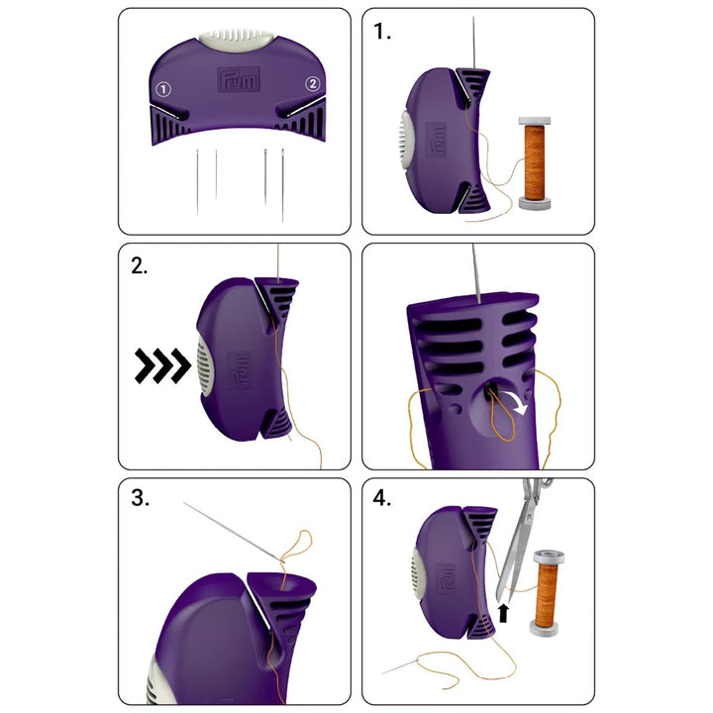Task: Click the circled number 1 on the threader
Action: coord(164,89)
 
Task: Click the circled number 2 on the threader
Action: coord(312,85)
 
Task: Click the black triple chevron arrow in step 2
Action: coord(162,366)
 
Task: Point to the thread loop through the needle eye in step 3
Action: coord(295,548)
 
